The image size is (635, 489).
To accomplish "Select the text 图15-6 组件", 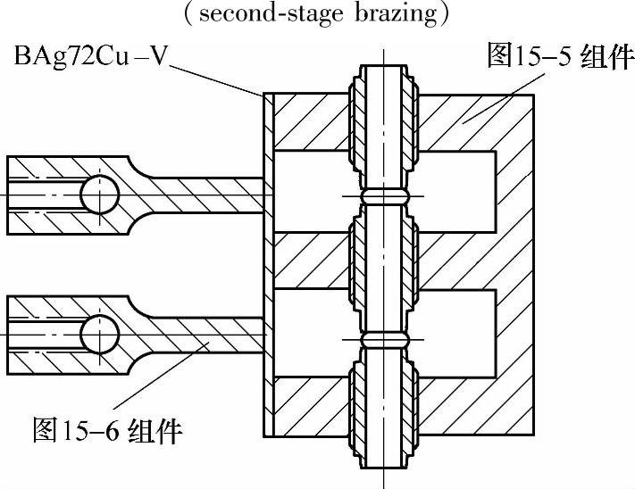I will [x=107, y=432].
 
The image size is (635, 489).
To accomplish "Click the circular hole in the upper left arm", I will [x=98, y=192].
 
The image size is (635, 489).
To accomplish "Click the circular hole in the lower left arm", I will [x=98, y=333].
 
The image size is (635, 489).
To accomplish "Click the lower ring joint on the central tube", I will [x=385, y=339].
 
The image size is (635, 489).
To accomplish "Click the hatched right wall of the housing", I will [x=515, y=268].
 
